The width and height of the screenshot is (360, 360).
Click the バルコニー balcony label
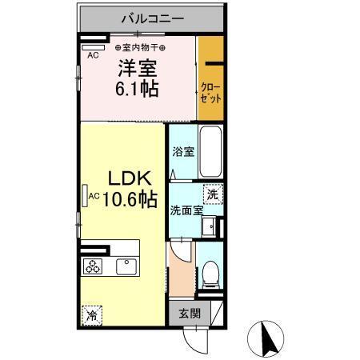coord(153,17)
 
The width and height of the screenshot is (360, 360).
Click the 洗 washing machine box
coord(212,194)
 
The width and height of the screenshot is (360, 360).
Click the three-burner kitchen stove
coord(91,266)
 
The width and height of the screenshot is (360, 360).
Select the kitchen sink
coord(126,266)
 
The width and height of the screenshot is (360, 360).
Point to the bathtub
coord(210,152)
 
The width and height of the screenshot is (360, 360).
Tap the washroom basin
coord(209,226)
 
